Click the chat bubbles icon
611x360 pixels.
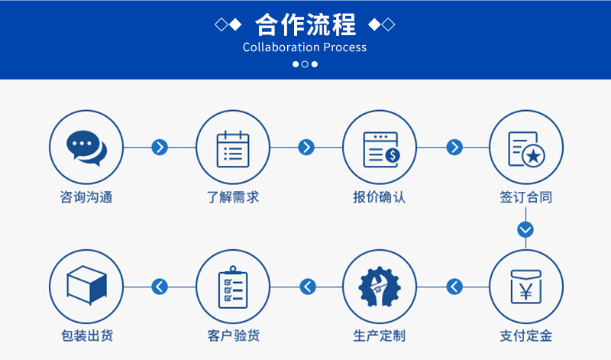click(86, 148)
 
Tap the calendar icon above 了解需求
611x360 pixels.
click(233, 148)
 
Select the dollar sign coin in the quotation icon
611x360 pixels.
click(393, 156)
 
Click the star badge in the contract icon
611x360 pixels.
click(533, 157)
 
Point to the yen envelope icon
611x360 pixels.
click(525, 287)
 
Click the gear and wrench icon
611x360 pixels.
click(379, 287)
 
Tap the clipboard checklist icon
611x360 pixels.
click(233, 287)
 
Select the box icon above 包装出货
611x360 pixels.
click(86, 285)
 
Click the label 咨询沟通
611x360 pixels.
click(86, 197)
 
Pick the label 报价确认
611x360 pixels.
click(379, 197)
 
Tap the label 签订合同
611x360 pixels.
click(525, 197)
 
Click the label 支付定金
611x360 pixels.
click(525, 336)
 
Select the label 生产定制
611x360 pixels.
click(379, 336)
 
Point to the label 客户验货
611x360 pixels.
click(233, 336)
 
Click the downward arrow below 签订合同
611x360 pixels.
click(525, 230)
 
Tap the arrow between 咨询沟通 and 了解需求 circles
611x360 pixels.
click(160, 148)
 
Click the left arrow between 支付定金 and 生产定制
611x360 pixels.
click(454, 287)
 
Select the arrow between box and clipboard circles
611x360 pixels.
click(160, 287)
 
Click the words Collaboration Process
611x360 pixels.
click(305, 47)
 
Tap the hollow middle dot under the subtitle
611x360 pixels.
click(305, 64)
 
